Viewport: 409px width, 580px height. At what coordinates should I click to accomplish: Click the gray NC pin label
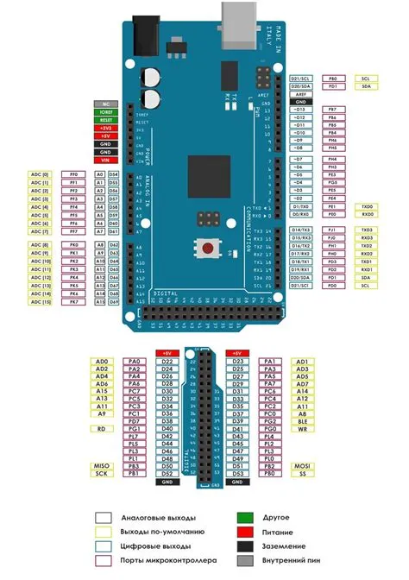[x=107, y=104]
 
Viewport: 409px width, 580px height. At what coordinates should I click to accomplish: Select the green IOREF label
[x=107, y=112]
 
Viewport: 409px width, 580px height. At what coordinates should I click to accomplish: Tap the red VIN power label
[x=107, y=161]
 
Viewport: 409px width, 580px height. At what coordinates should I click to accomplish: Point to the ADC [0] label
[x=40, y=174]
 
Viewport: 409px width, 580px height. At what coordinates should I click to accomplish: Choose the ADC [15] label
[x=40, y=302]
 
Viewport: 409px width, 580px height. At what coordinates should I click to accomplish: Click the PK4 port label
[x=74, y=277]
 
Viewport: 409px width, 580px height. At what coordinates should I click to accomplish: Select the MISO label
[x=102, y=466]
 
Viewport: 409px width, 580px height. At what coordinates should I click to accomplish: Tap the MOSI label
[x=301, y=466]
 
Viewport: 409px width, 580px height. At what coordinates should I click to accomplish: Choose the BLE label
[x=301, y=420]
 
